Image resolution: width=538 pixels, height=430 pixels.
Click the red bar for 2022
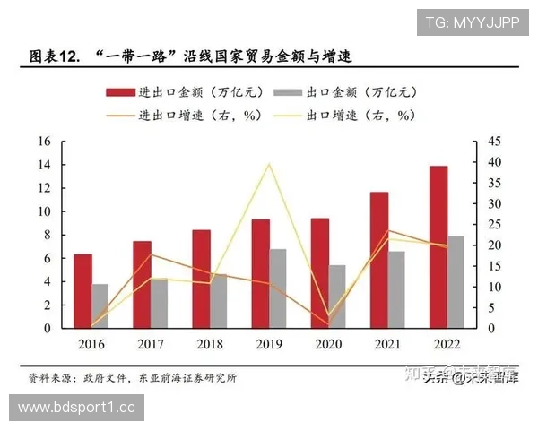coord(438,247)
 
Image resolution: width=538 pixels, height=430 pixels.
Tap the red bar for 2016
coord(82,291)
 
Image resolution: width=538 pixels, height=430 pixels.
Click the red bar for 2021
coord(379,260)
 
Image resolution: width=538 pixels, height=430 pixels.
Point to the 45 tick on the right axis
coord(495,142)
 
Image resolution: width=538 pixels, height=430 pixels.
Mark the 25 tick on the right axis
coord(495,225)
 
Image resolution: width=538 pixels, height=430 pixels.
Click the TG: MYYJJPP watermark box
coord(472,22)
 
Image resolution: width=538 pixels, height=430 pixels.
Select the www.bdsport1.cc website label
coord(76,408)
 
